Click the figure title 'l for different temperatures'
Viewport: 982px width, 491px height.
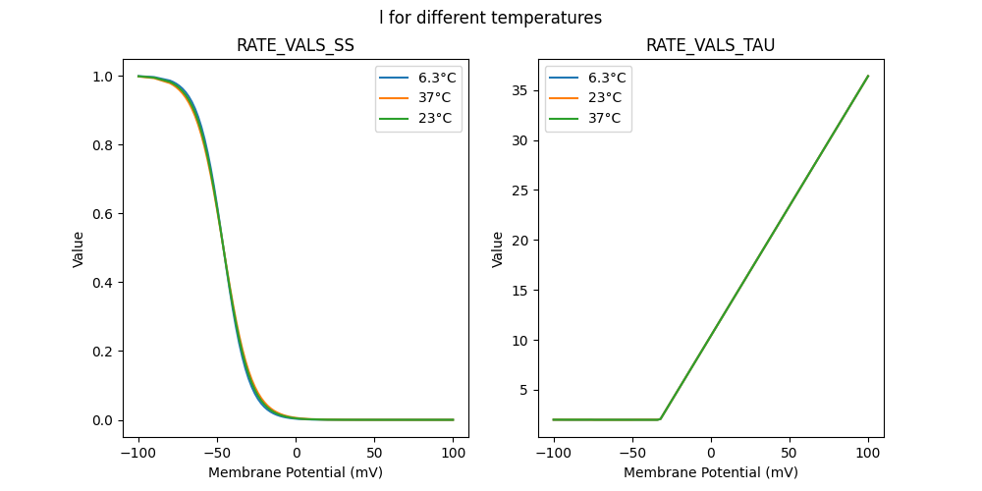tap(490, 18)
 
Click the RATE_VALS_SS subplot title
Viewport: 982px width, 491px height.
tap(295, 46)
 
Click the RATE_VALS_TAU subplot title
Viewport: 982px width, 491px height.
tap(710, 46)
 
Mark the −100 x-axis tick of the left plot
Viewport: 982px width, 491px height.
tap(138, 453)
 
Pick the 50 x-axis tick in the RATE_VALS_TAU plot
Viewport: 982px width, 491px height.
tap(790, 453)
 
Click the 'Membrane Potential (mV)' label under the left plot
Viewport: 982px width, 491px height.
tap(295, 472)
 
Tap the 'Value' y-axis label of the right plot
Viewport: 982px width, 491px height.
tap(498, 249)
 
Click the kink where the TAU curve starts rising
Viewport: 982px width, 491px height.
tap(660, 419)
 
